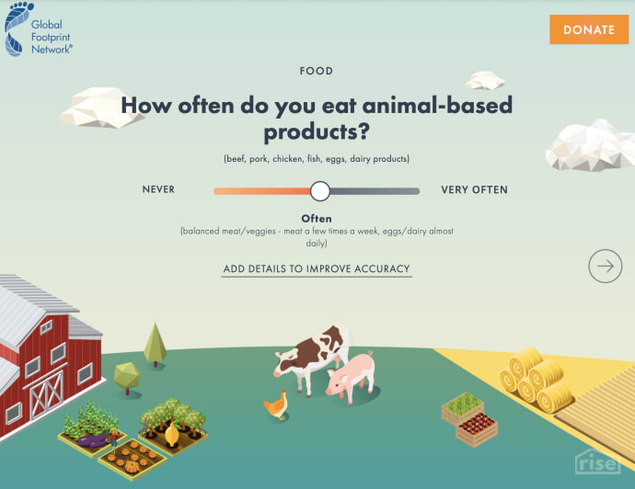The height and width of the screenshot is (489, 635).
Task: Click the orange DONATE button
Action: [x=588, y=29]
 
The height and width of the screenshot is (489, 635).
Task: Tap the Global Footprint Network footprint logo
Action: [x=19, y=29]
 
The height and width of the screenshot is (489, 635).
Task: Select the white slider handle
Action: [x=319, y=190]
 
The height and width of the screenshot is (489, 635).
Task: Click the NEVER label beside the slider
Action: [x=158, y=190]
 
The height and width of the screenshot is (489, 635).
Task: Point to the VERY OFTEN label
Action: [x=474, y=190]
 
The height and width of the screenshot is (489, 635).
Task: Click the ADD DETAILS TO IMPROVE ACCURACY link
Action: [x=317, y=269]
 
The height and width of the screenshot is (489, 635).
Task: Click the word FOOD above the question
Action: [x=317, y=71]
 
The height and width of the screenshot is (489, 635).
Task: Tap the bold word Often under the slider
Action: [x=317, y=218]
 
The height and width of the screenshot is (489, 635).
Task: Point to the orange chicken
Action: [x=276, y=404]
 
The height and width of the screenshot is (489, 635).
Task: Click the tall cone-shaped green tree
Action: [x=156, y=343]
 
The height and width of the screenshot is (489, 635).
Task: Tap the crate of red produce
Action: [x=477, y=426]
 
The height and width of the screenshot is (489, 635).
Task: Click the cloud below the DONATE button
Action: [x=590, y=146]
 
